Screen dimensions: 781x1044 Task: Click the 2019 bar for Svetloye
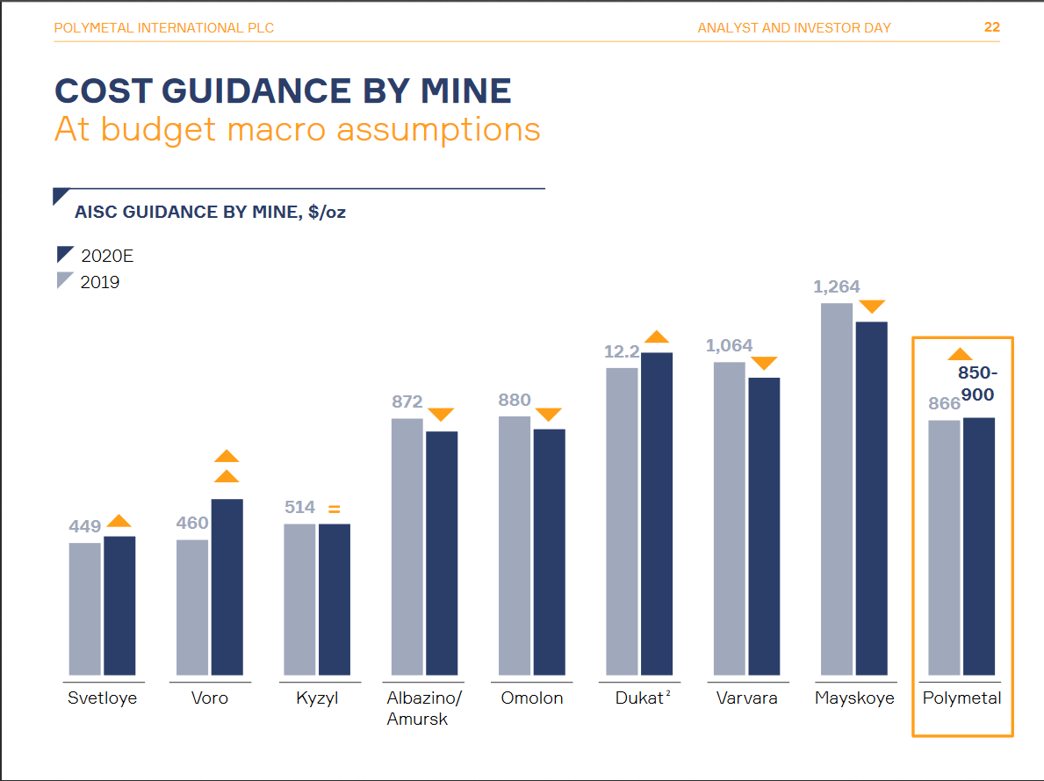(x=84, y=608)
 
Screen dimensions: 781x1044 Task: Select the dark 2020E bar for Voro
(x=227, y=586)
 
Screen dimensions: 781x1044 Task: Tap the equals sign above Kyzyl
(x=334, y=509)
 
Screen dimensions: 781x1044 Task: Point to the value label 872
(x=407, y=402)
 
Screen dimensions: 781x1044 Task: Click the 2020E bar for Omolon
(x=549, y=551)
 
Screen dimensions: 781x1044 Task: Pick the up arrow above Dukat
(x=657, y=337)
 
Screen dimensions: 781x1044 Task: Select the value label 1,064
(x=729, y=346)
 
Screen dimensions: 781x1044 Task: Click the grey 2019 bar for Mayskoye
(x=836, y=488)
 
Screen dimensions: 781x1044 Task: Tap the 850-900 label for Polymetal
(x=977, y=385)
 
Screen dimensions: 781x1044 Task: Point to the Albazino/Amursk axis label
(x=424, y=708)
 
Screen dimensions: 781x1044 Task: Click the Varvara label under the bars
(x=746, y=699)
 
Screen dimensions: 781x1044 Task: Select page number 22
(x=991, y=27)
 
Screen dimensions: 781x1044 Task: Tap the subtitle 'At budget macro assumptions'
(x=297, y=129)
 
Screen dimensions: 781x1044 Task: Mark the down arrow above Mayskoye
(x=872, y=307)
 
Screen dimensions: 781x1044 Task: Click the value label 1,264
(x=837, y=287)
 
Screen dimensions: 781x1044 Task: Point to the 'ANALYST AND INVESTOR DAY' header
(x=794, y=28)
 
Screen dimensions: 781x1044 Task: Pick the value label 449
(x=85, y=527)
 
